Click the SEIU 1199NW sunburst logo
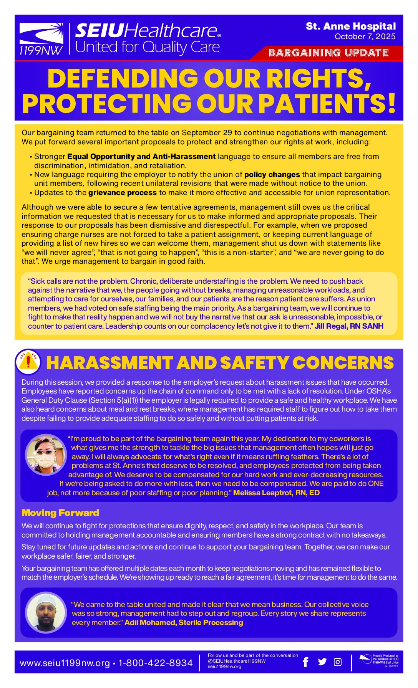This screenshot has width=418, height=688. pos(41,34)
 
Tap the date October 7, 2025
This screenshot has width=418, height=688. pos(365,36)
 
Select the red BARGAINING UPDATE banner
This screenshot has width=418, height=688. pos(328,53)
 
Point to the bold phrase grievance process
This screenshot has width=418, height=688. pos(123,193)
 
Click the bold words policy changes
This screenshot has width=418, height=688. pos(272,175)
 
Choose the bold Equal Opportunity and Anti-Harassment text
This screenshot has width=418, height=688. pos(141,157)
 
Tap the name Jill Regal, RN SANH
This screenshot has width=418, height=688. pos(349,326)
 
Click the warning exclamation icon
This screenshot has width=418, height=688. pos(28,362)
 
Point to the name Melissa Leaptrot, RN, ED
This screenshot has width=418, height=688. pos(276,493)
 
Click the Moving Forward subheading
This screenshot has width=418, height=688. pos(60,513)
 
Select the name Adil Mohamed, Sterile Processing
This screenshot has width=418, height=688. pos(184,622)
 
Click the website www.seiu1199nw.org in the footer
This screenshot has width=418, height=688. pos(65,663)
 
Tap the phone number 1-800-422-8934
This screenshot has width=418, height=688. pos(156,663)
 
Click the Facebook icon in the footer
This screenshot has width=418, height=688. pos(306,662)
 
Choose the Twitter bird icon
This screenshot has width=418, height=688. pos(322,662)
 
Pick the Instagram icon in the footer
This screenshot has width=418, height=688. pos(338,662)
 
